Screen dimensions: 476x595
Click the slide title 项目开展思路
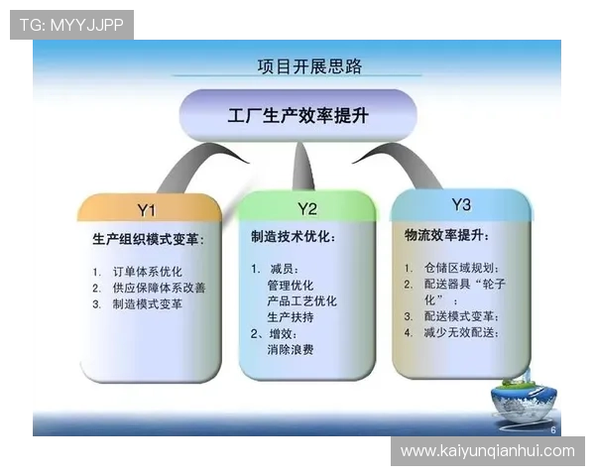(309, 67)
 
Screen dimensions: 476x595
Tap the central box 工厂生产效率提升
(297, 116)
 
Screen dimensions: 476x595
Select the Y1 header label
(148, 209)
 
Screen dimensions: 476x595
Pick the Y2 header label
(307, 208)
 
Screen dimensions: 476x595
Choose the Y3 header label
(461, 205)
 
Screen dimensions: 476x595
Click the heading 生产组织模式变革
(149, 239)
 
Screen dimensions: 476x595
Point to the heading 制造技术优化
(294, 238)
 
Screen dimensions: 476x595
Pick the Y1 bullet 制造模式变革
(148, 304)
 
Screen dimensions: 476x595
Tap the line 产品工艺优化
(301, 300)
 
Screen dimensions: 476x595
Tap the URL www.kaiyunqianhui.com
(487, 451)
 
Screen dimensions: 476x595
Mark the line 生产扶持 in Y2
(291, 317)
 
